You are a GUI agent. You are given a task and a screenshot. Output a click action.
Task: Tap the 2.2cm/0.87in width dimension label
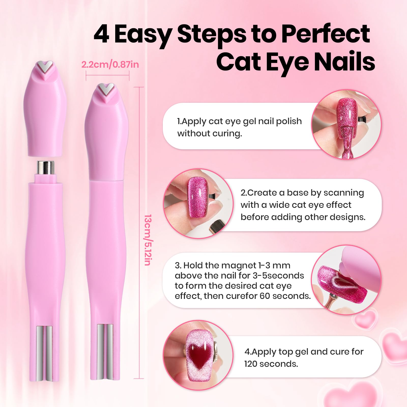click(110, 65)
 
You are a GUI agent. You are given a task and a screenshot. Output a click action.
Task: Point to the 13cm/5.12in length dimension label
click(148, 240)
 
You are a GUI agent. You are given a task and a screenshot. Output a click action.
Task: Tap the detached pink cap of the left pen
click(45, 112)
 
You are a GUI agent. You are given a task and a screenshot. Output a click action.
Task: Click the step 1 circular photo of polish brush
click(346, 124)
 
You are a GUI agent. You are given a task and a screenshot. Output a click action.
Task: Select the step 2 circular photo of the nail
click(198, 203)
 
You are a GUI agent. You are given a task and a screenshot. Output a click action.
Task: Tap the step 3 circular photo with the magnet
click(346, 280)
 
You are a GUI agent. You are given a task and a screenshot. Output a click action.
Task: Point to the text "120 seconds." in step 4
click(271, 364)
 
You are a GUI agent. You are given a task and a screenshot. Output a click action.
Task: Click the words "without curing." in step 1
click(209, 133)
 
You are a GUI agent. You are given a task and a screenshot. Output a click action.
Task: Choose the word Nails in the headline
click(344, 62)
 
